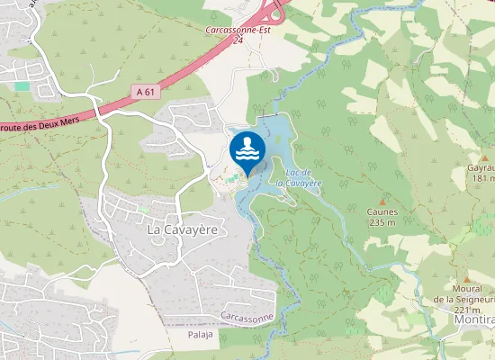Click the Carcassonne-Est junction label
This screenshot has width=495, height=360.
click(238, 30)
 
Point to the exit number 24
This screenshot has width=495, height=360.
click(238, 40)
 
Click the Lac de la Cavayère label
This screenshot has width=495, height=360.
click(298, 176)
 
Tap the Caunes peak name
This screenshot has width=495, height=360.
click(382, 212)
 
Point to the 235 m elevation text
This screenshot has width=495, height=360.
click(382, 223)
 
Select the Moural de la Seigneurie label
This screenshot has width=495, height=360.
click(463, 293)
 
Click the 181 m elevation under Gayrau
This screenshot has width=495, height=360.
click(482, 178)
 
